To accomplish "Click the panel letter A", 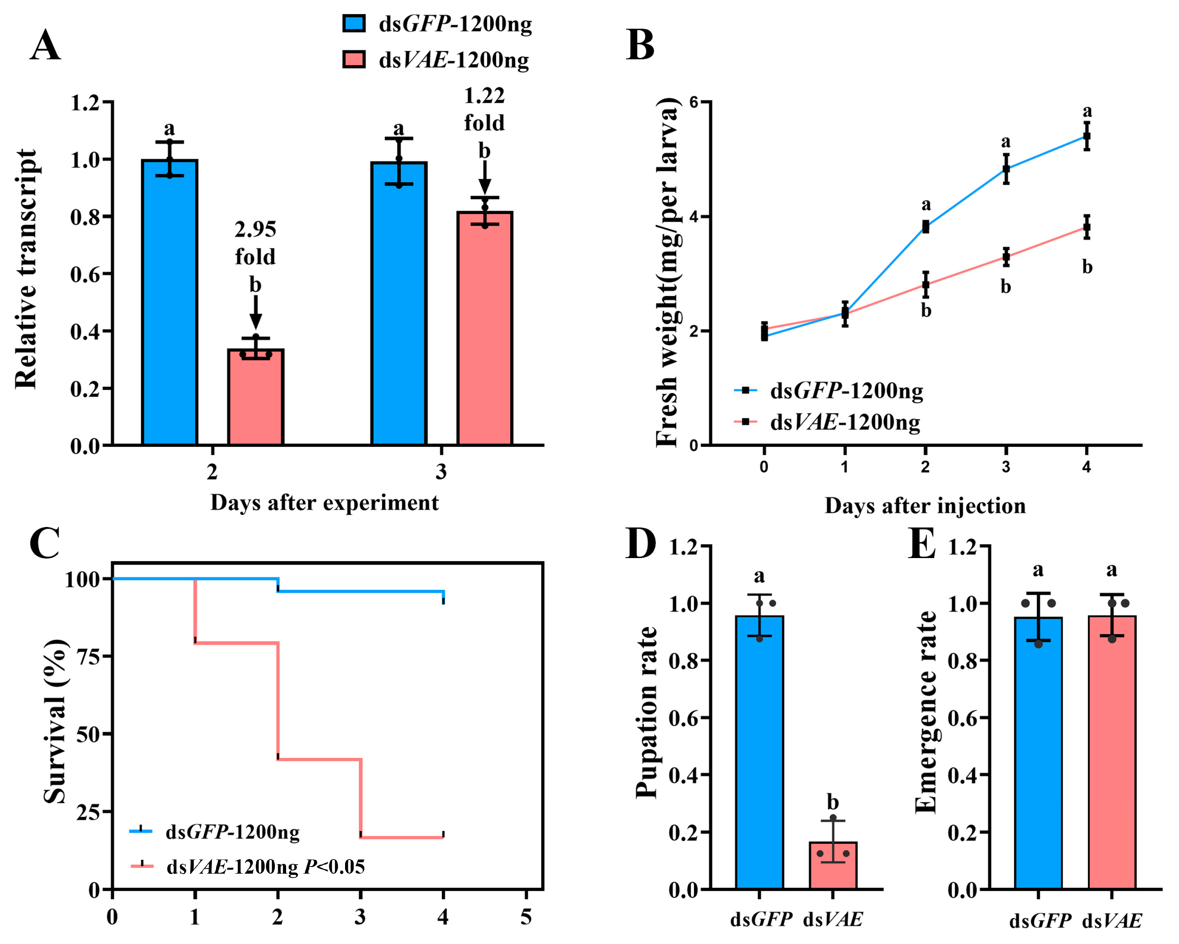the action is pyautogui.click(x=45, y=46).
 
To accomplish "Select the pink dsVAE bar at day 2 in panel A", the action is pyautogui.click(x=255, y=397).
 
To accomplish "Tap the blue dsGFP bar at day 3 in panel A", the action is pyautogui.click(x=399, y=303).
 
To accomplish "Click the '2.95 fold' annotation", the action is pyautogui.click(x=255, y=243).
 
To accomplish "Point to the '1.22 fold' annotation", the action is pyautogui.click(x=485, y=109).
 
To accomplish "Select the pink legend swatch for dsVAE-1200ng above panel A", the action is pyautogui.click(x=354, y=59).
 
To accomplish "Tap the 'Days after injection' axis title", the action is pyautogui.click(x=925, y=506).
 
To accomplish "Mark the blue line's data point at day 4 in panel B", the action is pyautogui.click(x=1087, y=136).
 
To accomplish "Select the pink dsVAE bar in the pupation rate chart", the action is pyautogui.click(x=833, y=865).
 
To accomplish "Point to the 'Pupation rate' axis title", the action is pyautogui.click(x=646, y=713).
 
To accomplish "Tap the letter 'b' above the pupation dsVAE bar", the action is pyautogui.click(x=833, y=803).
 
